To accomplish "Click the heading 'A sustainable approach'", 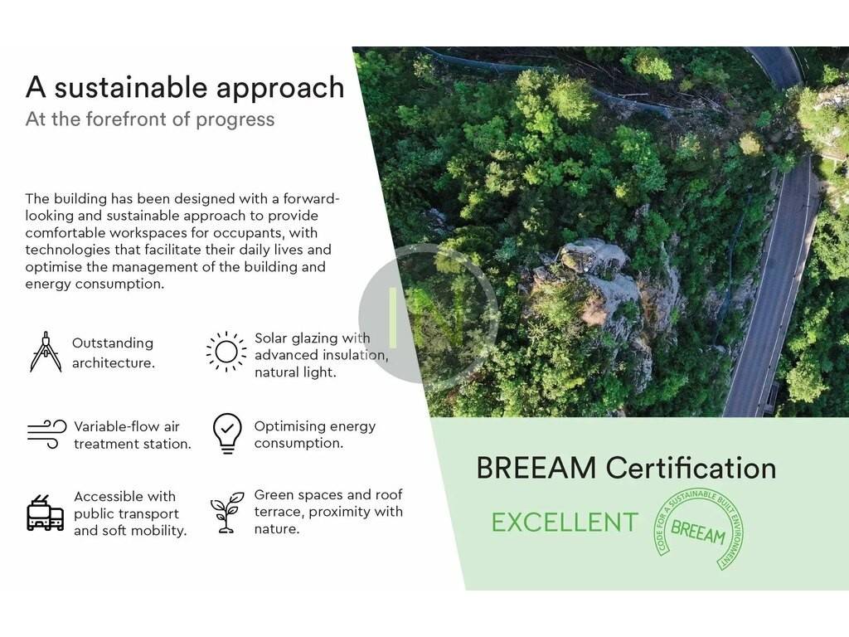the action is [185, 88].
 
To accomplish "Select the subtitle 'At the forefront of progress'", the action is [150, 119].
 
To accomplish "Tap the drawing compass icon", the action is [46, 352].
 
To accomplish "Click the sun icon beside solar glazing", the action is [226, 352].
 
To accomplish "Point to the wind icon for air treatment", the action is [46, 435].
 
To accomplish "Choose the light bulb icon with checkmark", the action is [227, 433].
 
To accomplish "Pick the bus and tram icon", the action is [45, 513].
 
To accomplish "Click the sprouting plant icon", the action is [227, 513].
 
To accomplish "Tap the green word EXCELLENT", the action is [565, 523].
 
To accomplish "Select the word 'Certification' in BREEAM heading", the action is [691, 468].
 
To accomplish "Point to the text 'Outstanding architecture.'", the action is [113, 353].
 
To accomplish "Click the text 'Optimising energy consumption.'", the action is [314, 435].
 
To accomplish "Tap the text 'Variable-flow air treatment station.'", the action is [132, 435].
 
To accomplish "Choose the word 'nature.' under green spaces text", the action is [277, 528].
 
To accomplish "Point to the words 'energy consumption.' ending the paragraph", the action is [95, 284].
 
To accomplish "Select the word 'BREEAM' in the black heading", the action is [536, 468].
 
